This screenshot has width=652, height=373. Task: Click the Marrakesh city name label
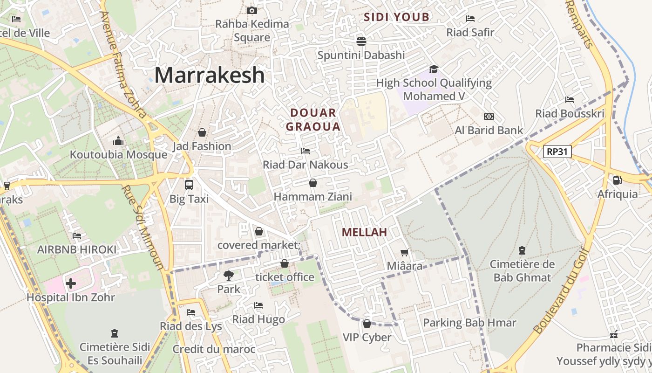point(209,75)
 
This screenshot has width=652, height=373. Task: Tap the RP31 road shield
point(557,152)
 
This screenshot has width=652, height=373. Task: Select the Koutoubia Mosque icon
point(118,141)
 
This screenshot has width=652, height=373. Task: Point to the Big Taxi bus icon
point(189,185)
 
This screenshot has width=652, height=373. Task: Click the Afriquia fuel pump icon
point(617,180)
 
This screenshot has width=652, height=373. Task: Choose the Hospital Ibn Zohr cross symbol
point(71,283)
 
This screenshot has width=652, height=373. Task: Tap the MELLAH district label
point(364,232)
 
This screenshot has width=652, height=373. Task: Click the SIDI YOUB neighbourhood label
point(396,17)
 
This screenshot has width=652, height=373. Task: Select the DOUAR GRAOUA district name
point(313,119)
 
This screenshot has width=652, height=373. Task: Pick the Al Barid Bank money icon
point(489,117)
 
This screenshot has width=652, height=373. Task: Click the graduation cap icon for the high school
point(434,69)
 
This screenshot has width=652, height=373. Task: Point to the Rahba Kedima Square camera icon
point(251,10)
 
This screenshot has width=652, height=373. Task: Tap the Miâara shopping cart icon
point(404,252)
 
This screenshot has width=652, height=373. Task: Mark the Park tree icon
point(228,275)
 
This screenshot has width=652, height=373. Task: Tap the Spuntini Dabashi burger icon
point(361,41)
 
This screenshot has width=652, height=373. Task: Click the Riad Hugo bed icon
point(258,305)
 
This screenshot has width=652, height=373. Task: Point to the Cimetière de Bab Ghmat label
point(522,271)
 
